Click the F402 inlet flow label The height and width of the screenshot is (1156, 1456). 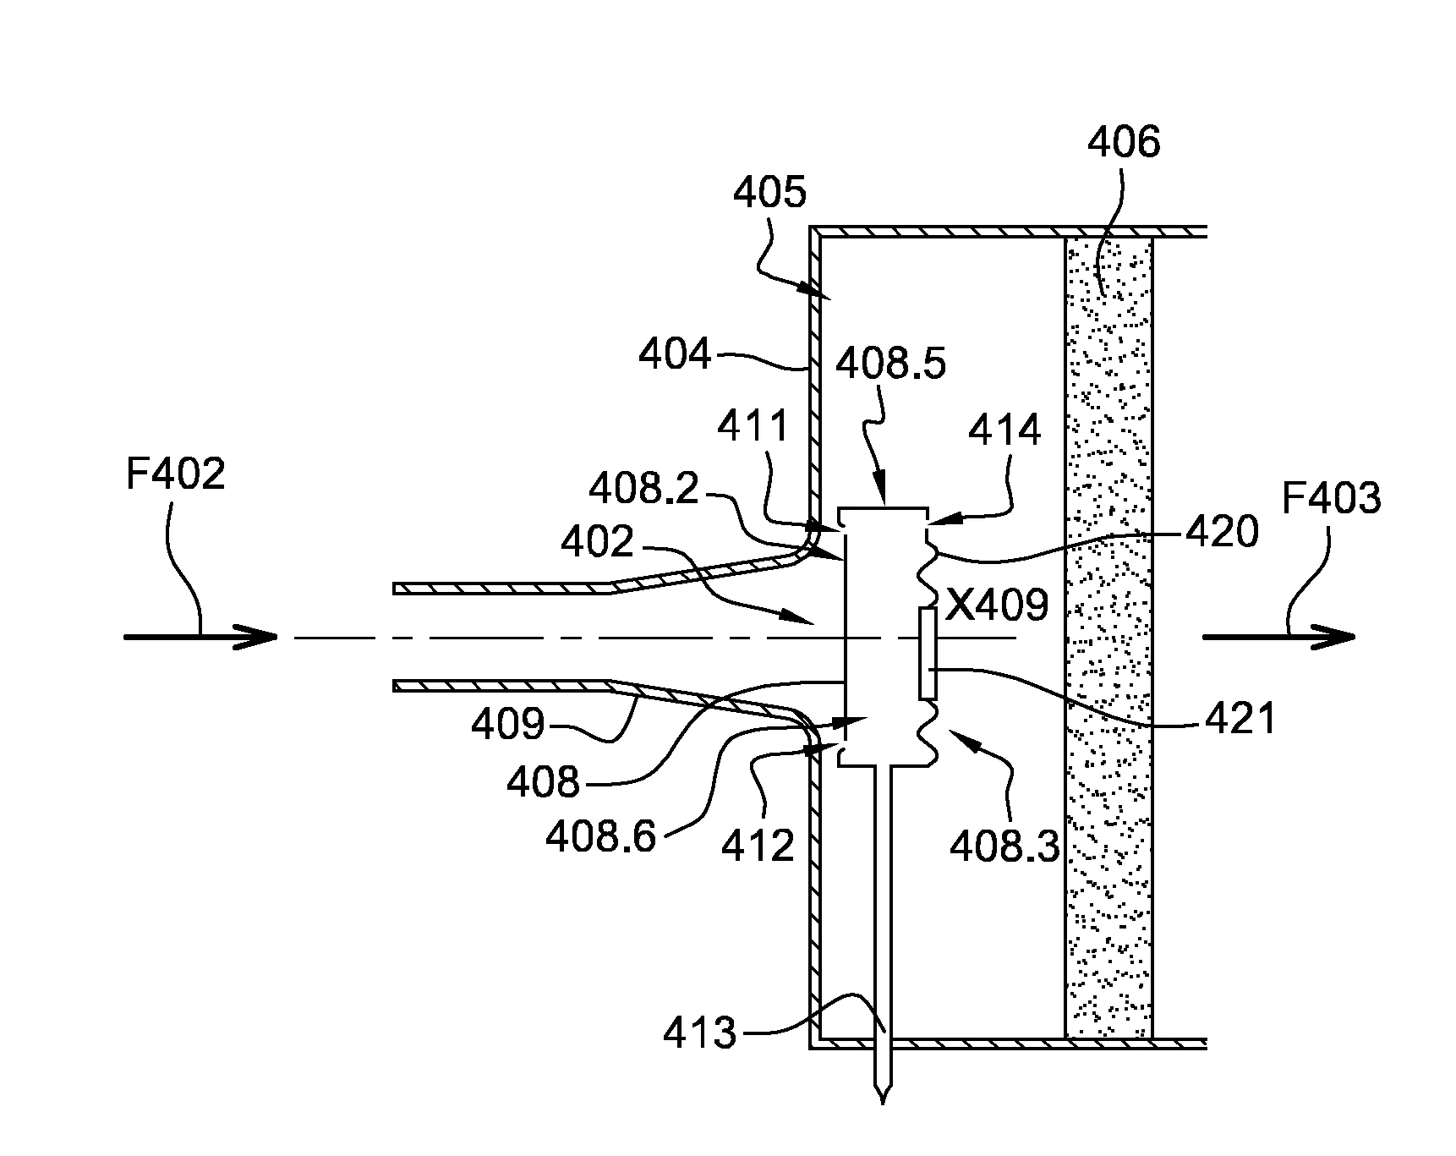click(176, 474)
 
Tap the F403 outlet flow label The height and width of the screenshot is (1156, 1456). click(1331, 498)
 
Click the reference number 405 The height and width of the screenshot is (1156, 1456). click(769, 193)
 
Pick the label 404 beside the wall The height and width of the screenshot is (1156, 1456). click(675, 354)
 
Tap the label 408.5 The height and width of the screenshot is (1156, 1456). click(890, 364)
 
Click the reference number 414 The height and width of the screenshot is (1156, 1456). click(1004, 431)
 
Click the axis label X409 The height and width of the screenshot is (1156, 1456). click(997, 605)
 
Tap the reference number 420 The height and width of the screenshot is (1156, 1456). click(1222, 532)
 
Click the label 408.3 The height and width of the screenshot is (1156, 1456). click(1004, 845)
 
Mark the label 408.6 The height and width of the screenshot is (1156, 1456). click(600, 837)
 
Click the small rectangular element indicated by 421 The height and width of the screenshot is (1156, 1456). click(928, 653)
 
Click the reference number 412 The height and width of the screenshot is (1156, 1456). click(758, 845)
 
